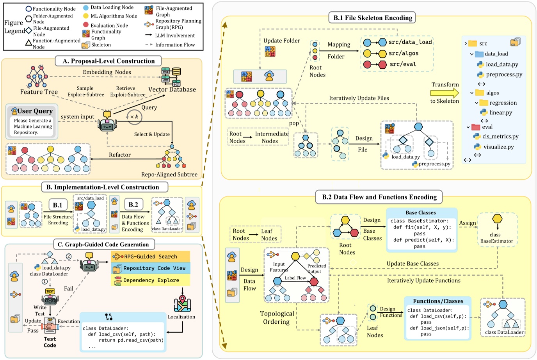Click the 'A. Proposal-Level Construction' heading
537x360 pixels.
coord(108,61)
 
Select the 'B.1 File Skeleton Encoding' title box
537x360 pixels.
coord(372,18)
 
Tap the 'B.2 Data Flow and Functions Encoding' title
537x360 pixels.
coord(379,197)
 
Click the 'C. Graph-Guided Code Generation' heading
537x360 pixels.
coord(103,244)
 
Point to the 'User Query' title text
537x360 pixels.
coord(35,111)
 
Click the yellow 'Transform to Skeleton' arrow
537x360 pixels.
coord(445,93)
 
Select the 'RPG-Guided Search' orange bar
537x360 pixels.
coord(150,257)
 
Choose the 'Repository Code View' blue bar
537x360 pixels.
coord(151,268)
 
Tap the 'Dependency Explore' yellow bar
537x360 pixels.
coord(151,280)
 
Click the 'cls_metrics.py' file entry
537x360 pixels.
coord(500,136)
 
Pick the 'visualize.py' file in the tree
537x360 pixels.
coord(498,147)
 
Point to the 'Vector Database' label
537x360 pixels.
coord(172,89)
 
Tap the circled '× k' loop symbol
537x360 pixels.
coord(134,117)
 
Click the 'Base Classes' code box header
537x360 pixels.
coord(420,213)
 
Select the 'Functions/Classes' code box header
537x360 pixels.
coord(438,301)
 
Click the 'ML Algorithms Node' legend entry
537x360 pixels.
coord(114,16)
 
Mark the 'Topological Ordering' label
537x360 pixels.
coord(277,318)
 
